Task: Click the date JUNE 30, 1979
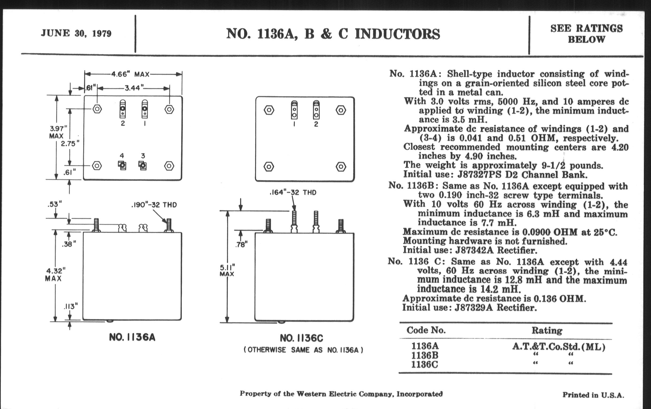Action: (x=76, y=33)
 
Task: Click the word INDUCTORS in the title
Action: (x=397, y=34)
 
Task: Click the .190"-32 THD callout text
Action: (x=154, y=205)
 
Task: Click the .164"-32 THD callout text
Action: (x=293, y=192)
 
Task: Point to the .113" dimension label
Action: (x=71, y=306)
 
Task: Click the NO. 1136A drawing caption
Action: (x=132, y=337)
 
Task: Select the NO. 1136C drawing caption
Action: (x=301, y=338)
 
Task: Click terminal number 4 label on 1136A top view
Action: (x=122, y=156)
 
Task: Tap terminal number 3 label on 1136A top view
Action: (x=143, y=156)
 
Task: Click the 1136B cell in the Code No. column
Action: (x=425, y=355)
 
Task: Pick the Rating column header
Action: (x=547, y=330)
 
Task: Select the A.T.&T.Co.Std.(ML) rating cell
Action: (x=559, y=346)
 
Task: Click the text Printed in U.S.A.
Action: (x=593, y=395)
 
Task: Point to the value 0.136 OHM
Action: (x=559, y=299)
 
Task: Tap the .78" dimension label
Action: (x=241, y=245)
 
